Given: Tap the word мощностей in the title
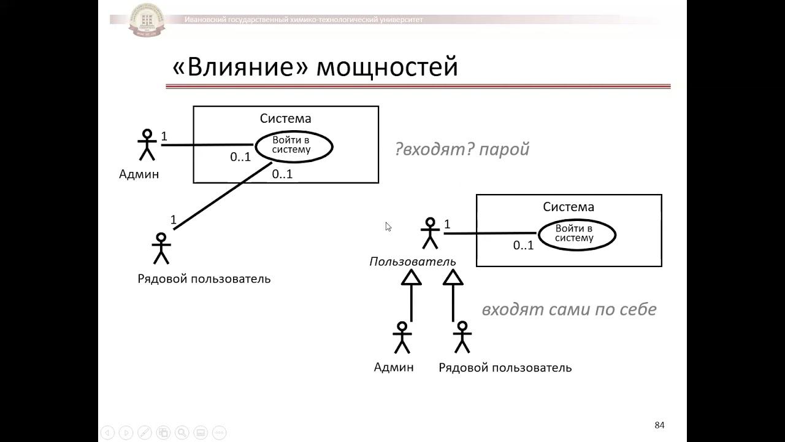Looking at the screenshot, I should tap(387, 67).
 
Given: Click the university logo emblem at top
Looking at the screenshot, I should tap(147, 20).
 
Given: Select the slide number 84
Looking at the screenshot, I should tap(659, 425).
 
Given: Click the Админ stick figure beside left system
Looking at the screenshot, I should tap(147, 145).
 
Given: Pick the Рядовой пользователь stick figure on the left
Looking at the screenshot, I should tap(161, 248).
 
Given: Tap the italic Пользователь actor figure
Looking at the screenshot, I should tap(430, 233).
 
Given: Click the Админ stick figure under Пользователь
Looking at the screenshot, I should tap(402, 338).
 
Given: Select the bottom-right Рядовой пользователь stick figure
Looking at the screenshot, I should tap(462, 338).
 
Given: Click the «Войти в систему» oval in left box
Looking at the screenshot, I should tap(294, 145).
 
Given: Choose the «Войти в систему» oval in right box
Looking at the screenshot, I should tap(576, 234).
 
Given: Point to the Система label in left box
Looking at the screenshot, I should tap(285, 118).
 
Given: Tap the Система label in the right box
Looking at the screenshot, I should tap(569, 207).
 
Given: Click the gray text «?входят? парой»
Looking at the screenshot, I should tap(462, 149).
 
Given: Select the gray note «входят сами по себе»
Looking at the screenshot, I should tap(569, 309).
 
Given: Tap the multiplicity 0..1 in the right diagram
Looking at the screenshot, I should tap(523, 246).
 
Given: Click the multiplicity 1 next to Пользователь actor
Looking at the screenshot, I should tap(447, 225).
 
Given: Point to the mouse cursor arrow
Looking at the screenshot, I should tap(388, 226).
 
